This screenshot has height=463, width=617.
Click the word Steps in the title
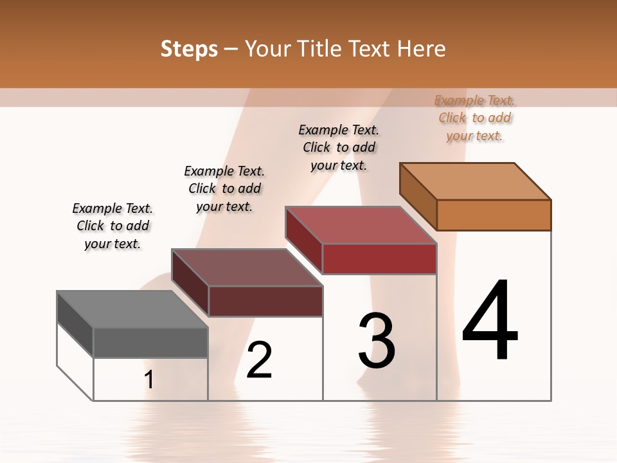pyautogui.click(x=189, y=49)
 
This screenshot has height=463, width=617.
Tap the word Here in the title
pyautogui.click(x=421, y=49)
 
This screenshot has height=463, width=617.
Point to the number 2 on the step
pyautogui.click(x=260, y=359)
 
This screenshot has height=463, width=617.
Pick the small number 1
pyautogui.click(x=149, y=380)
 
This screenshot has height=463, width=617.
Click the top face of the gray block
pyautogui.click(x=132, y=309)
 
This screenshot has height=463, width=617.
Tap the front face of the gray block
pyautogui.click(x=150, y=343)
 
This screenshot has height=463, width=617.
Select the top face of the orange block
pyautogui.click(x=476, y=181)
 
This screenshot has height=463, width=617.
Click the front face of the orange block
pyautogui.click(x=494, y=215)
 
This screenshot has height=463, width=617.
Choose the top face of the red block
pyautogui.click(x=361, y=225)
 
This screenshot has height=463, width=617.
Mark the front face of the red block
pyautogui.click(x=379, y=259)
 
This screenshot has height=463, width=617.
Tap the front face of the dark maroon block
pyautogui.click(x=265, y=301)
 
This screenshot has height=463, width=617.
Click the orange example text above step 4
pyautogui.click(x=474, y=118)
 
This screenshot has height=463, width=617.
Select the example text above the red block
pyautogui.click(x=339, y=147)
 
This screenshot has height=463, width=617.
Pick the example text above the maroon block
pyautogui.click(x=224, y=188)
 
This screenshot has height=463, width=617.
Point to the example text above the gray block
pyautogui.click(x=112, y=226)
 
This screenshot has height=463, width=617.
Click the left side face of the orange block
pyautogui.click(x=418, y=196)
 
